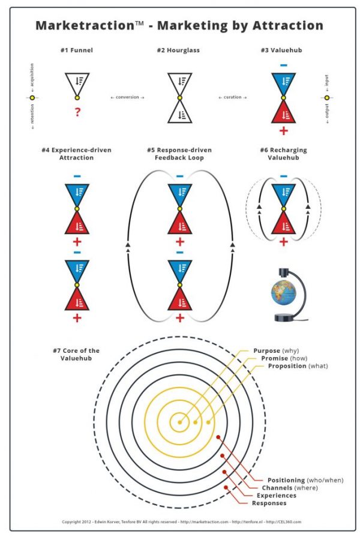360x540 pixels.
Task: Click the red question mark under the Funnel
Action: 77,112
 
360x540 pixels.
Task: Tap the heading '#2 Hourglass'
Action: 178,50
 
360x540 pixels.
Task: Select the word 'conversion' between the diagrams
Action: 127,97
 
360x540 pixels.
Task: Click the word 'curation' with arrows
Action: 233,97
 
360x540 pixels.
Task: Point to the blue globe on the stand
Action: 283,293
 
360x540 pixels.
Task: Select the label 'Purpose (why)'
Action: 276,350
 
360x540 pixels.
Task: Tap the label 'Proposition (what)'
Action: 298,366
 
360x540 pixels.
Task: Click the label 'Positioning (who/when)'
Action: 305,480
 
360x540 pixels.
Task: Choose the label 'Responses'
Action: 269,503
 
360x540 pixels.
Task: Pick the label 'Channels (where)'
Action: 290,488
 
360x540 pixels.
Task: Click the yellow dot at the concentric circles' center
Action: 179,422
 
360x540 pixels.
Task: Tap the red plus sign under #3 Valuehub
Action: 284,131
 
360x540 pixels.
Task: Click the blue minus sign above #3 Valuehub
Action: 284,65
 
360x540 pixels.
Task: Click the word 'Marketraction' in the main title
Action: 85,25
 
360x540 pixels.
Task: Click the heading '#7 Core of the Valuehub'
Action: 76,355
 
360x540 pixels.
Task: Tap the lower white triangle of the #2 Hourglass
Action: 180,113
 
